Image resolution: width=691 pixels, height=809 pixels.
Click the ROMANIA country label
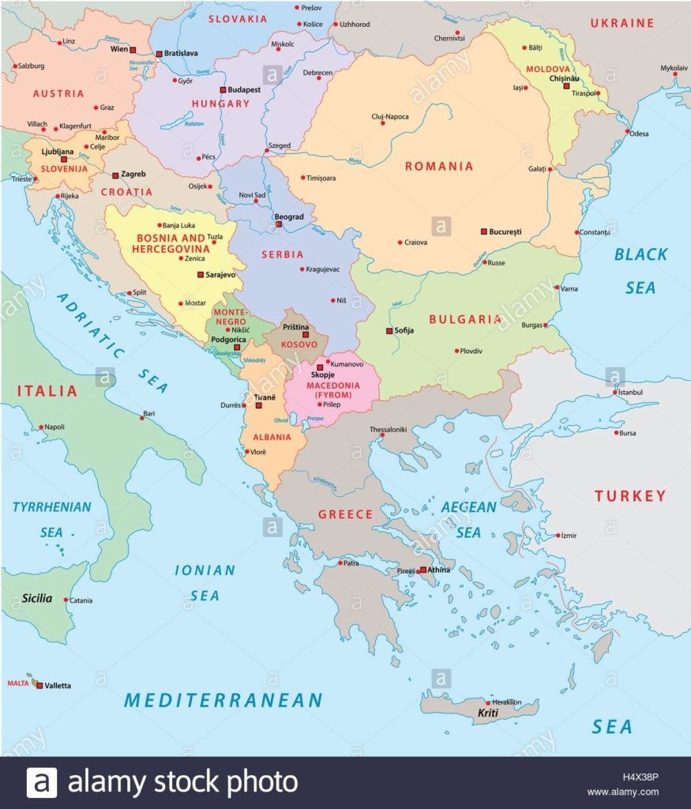coord(439,166)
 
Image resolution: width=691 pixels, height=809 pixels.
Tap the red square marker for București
coord(484,231)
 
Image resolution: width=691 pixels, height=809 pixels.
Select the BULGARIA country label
coord(465,319)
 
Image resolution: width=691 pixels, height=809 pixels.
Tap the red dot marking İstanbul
coord(615,392)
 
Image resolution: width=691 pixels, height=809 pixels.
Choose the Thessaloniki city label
coord(388,430)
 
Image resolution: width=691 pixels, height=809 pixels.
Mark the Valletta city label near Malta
coord(58,685)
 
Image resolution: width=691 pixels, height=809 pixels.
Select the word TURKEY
coord(630,496)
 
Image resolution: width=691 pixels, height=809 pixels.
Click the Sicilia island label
coord(37,598)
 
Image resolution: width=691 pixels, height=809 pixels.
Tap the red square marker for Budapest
coord(223,90)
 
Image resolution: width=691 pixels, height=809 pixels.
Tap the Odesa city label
coord(639,134)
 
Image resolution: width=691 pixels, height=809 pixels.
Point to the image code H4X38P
coord(638,777)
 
